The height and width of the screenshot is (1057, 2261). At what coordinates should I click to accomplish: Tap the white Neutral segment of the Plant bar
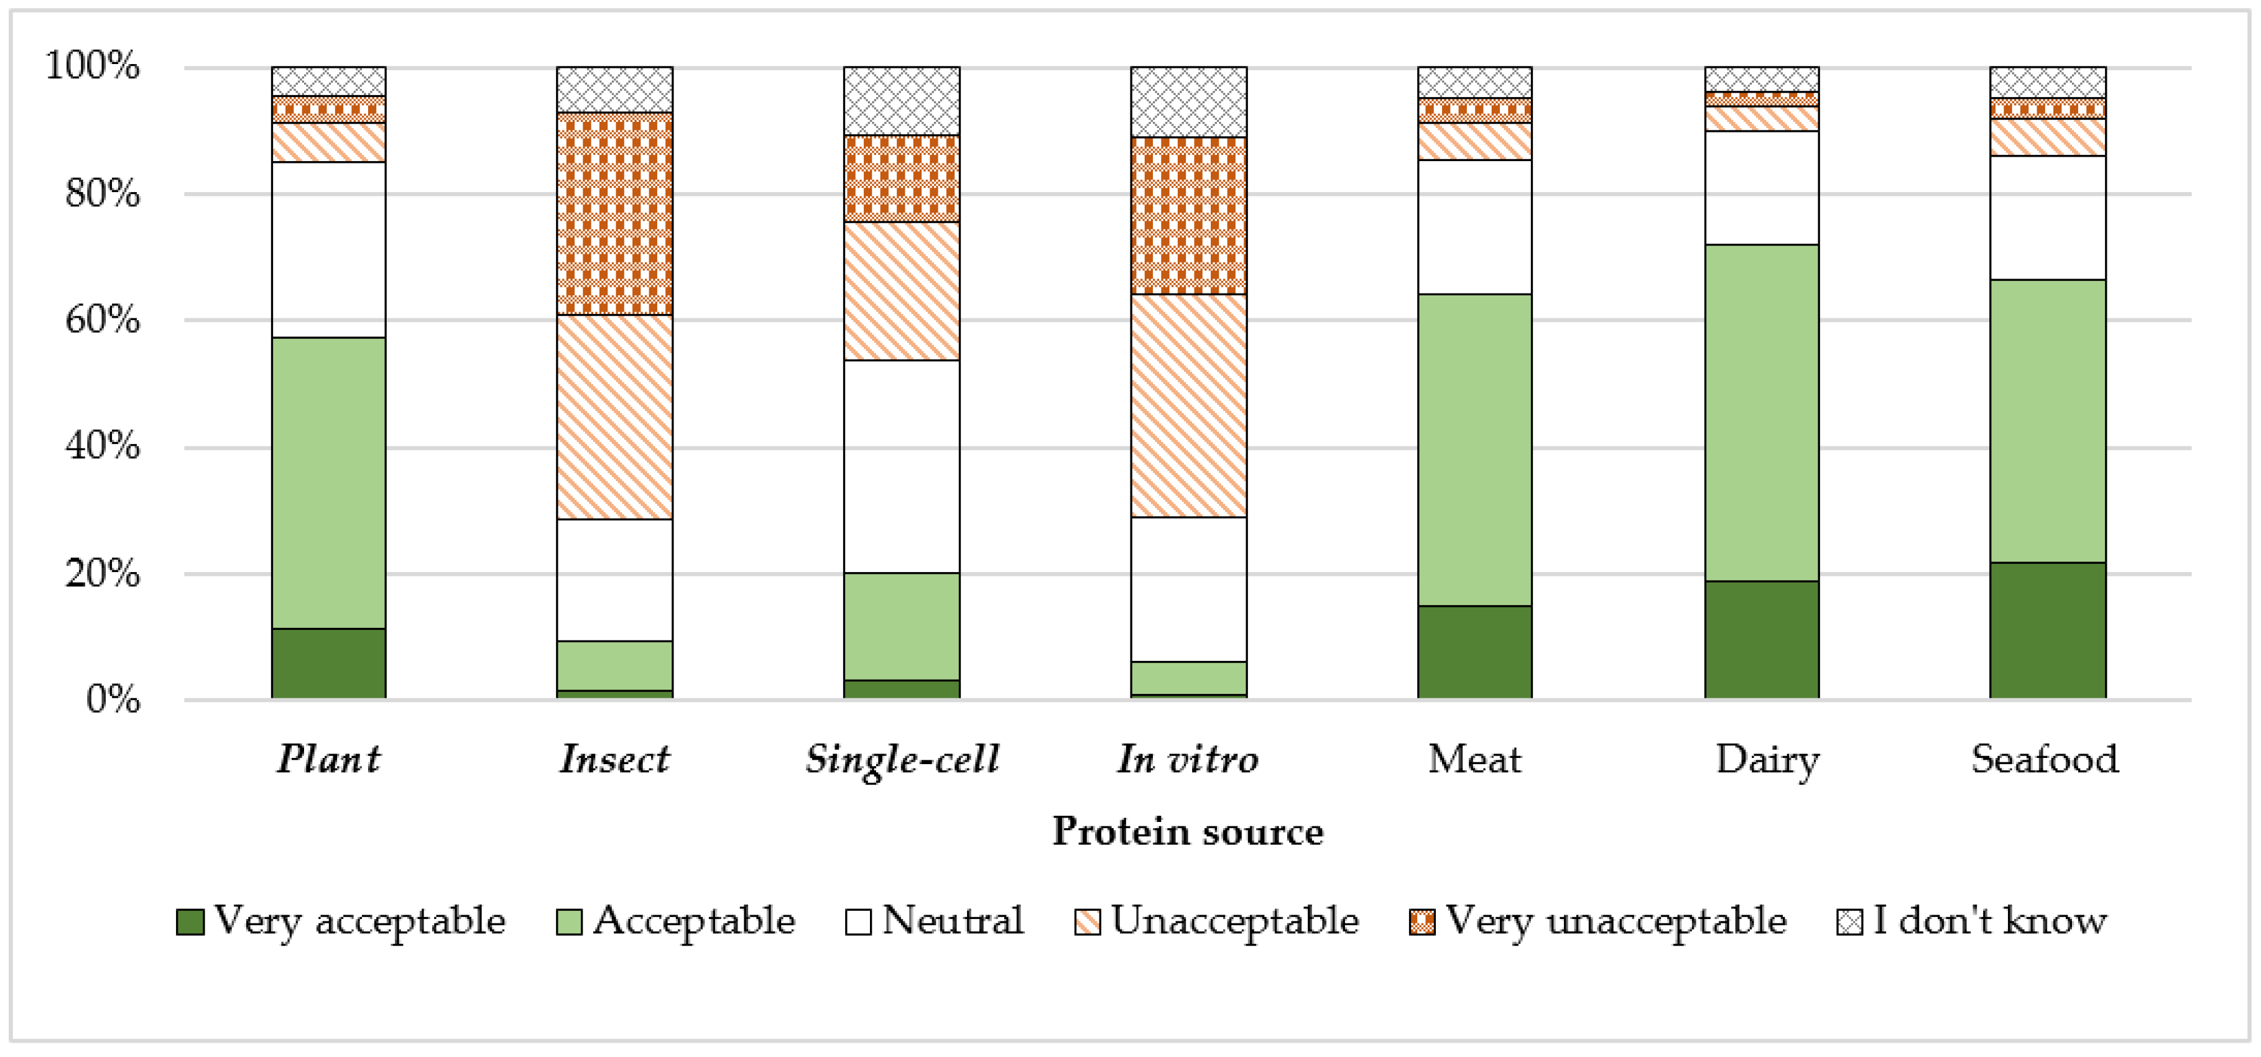328,249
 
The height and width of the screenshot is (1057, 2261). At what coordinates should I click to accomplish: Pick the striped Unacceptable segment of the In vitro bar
1188,405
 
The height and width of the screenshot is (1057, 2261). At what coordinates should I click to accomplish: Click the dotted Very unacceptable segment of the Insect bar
614,213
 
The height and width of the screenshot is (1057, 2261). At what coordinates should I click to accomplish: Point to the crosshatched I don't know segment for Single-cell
902,101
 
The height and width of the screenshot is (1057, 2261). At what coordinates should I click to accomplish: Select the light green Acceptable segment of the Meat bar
1474,450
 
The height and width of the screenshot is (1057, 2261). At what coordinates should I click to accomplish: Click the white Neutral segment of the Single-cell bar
902,466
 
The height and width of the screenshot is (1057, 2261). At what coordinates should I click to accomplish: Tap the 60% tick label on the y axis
103,320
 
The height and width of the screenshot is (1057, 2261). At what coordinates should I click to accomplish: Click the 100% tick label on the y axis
92,66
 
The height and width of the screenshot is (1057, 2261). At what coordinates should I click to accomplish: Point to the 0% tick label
113,699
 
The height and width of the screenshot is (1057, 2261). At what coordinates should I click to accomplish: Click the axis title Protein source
1188,831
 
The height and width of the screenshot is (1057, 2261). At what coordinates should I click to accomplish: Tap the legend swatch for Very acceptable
190,922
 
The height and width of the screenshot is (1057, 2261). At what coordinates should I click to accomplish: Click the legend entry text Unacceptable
1234,921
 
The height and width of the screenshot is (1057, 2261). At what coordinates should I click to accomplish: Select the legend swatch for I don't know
1849,922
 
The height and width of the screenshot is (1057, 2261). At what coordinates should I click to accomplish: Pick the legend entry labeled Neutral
952,921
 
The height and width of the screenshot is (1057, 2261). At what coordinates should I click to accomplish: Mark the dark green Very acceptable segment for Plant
328,663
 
